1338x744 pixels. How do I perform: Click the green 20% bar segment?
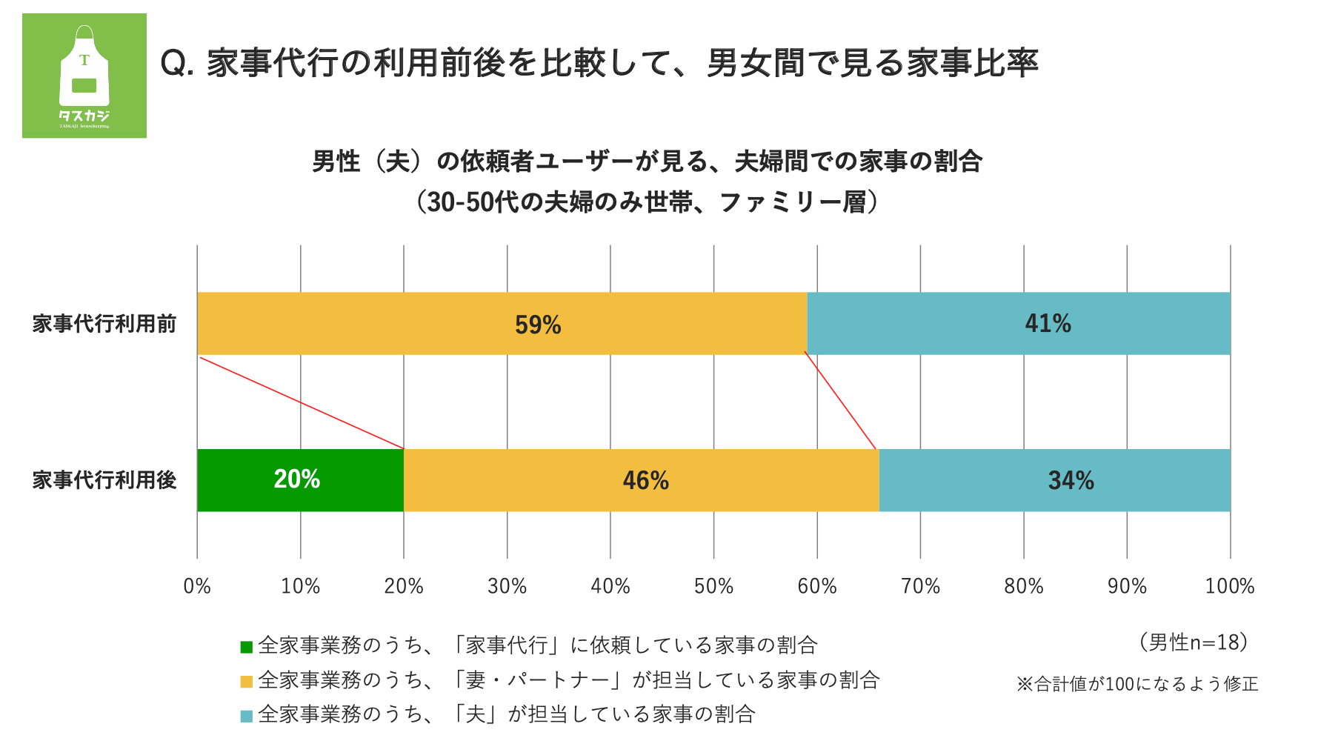click(300, 480)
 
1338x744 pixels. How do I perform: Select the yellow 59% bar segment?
click(502, 324)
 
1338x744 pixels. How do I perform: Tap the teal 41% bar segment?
click(1019, 324)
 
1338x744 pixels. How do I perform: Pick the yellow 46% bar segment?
click(641, 480)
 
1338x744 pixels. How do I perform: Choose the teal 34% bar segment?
click(1054, 480)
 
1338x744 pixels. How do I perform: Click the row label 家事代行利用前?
click(104, 324)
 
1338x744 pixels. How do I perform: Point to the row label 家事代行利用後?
click(104, 480)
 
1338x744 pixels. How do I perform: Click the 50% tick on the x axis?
click(713, 586)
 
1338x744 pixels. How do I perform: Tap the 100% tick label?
click(1229, 586)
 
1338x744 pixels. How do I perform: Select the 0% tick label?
click(197, 586)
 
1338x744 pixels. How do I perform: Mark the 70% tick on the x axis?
click(920, 586)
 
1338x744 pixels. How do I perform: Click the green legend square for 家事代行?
click(247, 647)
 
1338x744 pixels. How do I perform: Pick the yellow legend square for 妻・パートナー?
click(247, 681)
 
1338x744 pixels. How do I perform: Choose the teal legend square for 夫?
click(247, 716)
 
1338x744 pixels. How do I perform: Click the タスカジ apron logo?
click(84, 76)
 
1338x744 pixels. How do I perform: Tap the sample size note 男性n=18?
click(1194, 642)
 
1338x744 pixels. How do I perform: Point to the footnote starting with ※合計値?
click(1137, 683)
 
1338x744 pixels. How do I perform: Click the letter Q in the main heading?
click(173, 64)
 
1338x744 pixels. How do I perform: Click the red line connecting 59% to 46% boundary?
click(841, 401)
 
